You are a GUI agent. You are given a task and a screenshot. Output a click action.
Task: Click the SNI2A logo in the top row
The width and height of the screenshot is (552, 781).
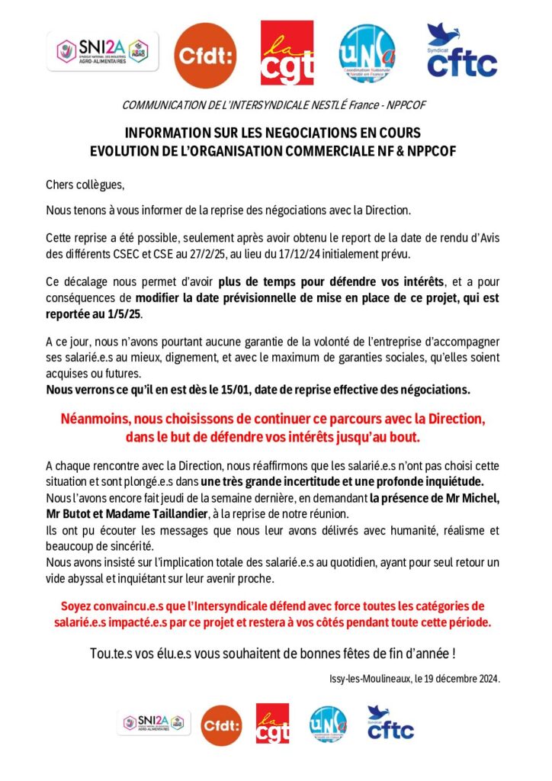tap(103, 51)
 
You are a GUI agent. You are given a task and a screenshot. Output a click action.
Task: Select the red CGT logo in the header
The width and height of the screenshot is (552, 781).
tap(287, 53)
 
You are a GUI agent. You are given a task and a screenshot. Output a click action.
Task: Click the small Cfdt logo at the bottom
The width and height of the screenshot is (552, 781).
tap(221, 725)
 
